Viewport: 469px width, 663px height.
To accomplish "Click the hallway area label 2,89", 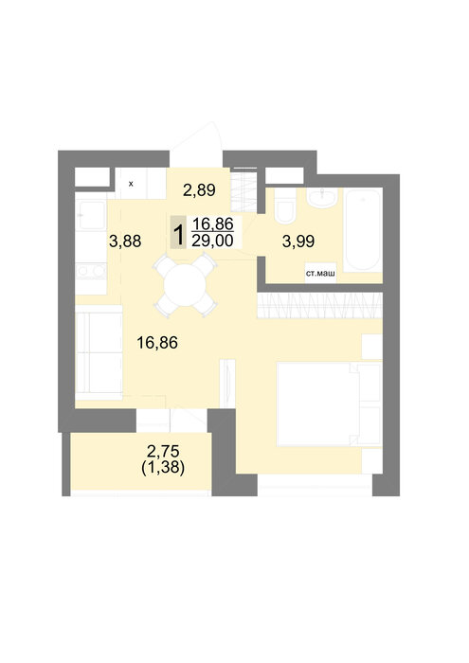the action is (x=199, y=190).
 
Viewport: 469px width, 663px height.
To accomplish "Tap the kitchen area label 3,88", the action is (x=125, y=242).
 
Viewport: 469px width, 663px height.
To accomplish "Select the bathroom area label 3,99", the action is (x=298, y=242).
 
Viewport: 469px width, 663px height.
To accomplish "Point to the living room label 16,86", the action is (x=157, y=343).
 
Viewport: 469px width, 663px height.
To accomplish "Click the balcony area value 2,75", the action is (x=163, y=451).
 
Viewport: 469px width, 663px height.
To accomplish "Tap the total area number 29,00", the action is (x=213, y=241).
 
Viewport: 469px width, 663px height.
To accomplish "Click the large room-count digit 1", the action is (x=178, y=235).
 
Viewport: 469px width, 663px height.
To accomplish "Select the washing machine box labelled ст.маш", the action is (x=320, y=273).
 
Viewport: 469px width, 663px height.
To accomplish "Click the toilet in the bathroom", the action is (x=285, y=206).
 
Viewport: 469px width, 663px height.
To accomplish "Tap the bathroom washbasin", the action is (x=323, y=198).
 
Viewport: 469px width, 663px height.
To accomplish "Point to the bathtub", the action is (x=363, y=230).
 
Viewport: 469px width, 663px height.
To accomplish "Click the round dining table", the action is (x=185, y=285).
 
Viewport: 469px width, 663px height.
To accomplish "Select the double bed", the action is (x=329, y=404).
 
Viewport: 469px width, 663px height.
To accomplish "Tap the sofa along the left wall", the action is (x=99, y=352).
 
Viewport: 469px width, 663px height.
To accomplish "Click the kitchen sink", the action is (x=91, y=215).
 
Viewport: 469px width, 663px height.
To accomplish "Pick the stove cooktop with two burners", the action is (x=91, y=271).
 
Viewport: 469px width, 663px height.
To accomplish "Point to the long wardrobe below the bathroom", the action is (x=320, y=306).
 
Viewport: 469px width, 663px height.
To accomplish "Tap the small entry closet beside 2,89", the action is (x=244, y=190).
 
